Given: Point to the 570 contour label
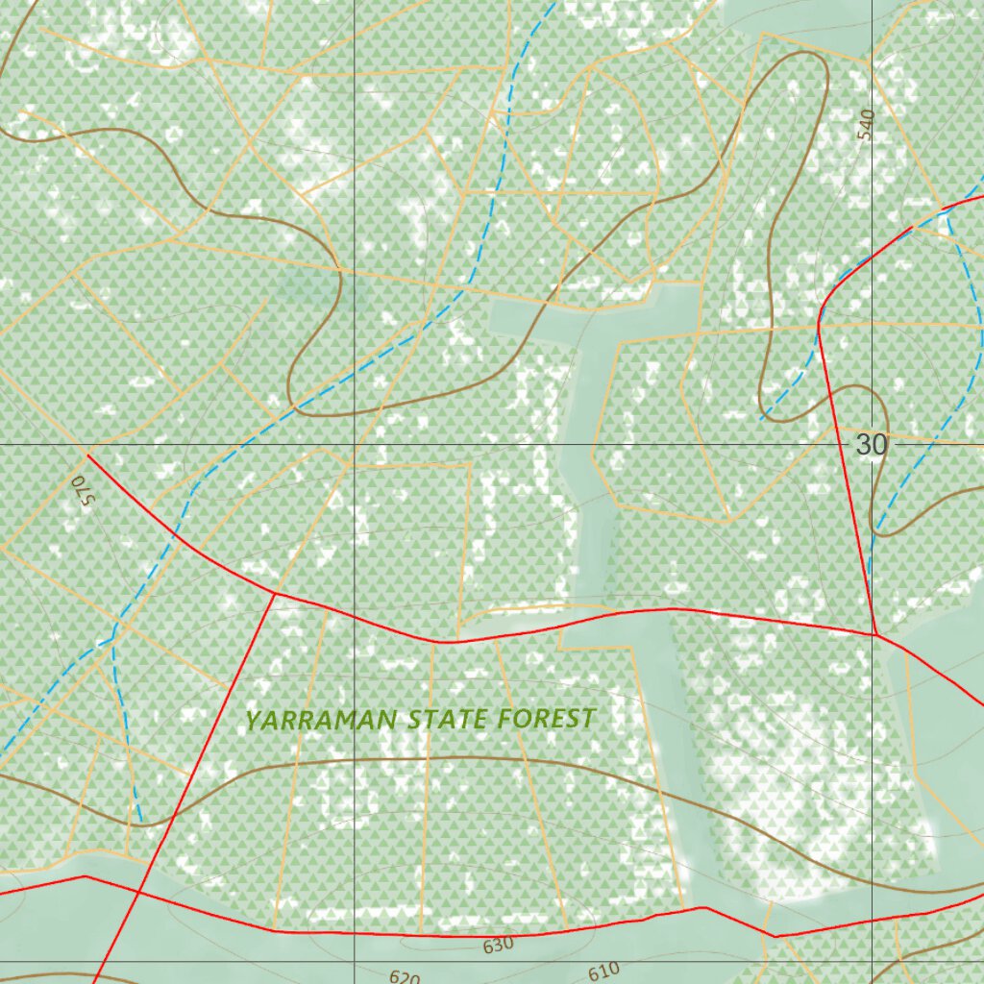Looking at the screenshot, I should click(80, 490).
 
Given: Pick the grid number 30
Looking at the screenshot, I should click(871, 445).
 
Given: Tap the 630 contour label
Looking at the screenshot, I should click(498, 946).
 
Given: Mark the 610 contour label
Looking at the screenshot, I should click(603, 972).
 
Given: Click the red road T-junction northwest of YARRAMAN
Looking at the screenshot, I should click(276, 594).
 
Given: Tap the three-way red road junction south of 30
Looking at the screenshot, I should click(875, 634).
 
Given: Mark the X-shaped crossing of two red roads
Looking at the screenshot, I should click(137, 892).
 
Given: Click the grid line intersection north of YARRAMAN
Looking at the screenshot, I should click(355, 445).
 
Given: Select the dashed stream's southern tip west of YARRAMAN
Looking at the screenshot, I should click(141, 822).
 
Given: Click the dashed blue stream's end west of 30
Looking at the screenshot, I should click(762, 419).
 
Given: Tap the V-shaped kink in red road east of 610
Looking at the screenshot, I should click(775, 935).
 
